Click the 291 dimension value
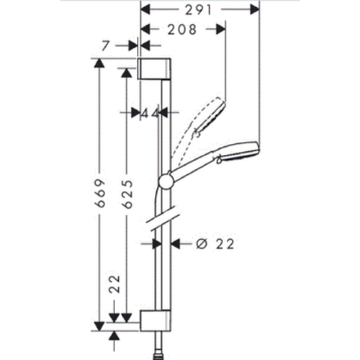click(x=198, y=10)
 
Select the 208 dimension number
click(x=182, y=30)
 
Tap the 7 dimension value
click(x=105, y=46)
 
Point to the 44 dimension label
click(x=150, y=113)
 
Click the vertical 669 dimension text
click(x=101, y=193)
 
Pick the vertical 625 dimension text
click(x=128, y=194)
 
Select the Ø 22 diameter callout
click(x=216, y=244)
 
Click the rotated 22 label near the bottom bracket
click(x=114, y=283)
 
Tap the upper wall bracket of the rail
click(x=154, y=69)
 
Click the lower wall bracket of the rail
click(x=155, y=321)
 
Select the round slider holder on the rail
click(x=166, y=181)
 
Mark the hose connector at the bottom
click(x=159, y=356)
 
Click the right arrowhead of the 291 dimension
click(x=254, y=9)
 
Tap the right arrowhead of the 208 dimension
click(x=221, y=30)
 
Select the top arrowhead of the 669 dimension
click(x=99, y=63)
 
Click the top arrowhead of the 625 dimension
click(x=126, y=73)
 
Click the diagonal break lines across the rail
click(x=164, y=219)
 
